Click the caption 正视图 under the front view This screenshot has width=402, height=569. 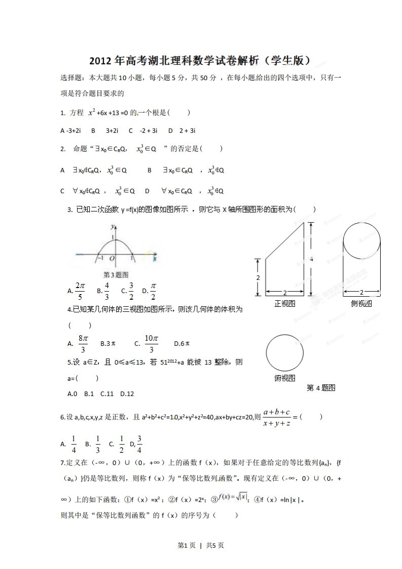(x=284, y=303)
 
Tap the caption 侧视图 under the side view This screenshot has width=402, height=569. (x=361, y=303)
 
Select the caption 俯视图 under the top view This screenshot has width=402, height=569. (x=284, y=378)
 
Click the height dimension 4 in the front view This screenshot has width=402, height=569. (x=311, y=259)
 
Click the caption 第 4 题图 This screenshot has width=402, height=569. (x=321, y=388)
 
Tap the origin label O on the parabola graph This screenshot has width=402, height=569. (x=112, y=259)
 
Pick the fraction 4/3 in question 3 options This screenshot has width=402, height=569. (x=107, y=291)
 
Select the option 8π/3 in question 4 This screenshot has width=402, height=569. (x=84, y=343)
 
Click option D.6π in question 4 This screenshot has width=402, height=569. (x=181, y=343)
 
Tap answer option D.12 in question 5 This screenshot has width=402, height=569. (x=127, y=393)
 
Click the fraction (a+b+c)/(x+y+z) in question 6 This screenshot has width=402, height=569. (x=277, y=417)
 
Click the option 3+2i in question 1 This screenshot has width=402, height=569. (x=112, y=130)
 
